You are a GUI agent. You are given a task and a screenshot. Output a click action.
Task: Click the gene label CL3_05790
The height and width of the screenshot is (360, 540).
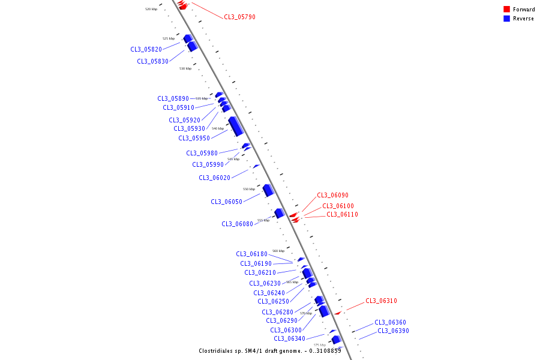(x=239, y=17)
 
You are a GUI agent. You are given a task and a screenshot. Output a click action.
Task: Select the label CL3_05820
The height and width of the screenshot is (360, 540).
(x=146, y=49)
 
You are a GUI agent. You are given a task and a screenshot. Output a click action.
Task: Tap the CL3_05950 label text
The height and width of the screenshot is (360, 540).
(x=194, y=138)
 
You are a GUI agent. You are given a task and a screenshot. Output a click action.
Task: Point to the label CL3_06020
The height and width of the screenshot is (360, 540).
(x=214, y=178)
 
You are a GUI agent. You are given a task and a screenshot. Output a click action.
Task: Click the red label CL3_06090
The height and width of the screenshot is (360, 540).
(x=332, y=195)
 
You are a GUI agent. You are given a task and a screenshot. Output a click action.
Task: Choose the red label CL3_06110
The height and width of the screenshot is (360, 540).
(x=342, y=214)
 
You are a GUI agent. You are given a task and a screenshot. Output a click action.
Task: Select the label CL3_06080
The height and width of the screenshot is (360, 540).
(x=237, y=224)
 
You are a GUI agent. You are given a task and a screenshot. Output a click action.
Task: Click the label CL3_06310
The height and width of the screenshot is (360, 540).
(x=381, y=301)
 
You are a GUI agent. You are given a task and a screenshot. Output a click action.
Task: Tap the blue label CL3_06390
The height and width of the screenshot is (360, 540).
(x=393, y=331)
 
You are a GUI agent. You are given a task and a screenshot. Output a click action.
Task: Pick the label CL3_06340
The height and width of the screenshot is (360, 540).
(x=289, y=338)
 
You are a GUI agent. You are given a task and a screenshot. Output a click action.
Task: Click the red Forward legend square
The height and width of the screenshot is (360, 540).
(x=507, y=9)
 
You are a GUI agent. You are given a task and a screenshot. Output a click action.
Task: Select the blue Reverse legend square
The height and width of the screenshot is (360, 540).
(x=507, y=19)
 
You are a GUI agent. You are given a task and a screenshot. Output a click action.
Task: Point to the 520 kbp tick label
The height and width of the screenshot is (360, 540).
(x=151, y=9)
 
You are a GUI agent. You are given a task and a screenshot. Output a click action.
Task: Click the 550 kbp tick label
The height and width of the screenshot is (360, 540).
(x=248, y=189)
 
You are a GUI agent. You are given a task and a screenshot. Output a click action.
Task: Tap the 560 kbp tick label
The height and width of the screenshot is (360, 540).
(x=278, y=251)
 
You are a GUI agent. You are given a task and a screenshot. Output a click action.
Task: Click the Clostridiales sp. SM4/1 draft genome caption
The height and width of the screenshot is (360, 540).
(x=269, y=351)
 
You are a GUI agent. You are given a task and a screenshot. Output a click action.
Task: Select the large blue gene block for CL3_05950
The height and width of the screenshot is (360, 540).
(x=236, y=126)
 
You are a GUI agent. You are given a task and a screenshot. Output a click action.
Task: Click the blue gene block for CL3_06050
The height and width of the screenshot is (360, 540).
(x=268, y=190)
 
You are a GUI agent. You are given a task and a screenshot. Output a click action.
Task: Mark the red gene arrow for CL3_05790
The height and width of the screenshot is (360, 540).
(x=182, y=5)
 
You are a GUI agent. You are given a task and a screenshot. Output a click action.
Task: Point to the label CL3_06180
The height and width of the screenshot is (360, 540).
(x=251, y=254)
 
